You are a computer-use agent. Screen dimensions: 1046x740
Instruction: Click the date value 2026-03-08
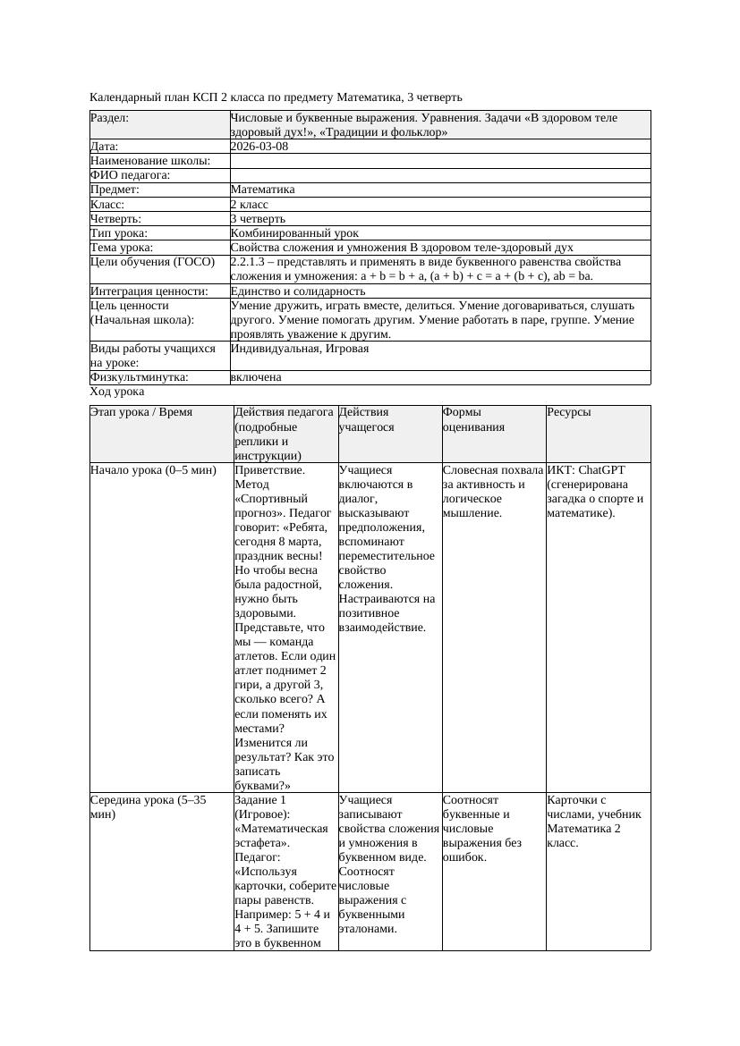259,147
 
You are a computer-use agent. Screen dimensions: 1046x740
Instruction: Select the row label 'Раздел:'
109,118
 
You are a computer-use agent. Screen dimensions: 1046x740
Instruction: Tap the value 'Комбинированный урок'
294,232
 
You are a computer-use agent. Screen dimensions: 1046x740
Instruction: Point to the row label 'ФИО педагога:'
131,175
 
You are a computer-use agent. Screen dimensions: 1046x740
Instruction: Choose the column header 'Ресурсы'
569,412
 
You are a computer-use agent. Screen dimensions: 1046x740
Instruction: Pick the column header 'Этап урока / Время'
141,412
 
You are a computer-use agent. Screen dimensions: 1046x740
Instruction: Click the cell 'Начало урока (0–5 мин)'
153,469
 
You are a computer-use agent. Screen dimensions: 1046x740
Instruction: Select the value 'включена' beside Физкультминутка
256,377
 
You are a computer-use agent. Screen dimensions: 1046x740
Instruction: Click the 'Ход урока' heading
117,392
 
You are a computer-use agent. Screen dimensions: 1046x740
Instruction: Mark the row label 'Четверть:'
115,218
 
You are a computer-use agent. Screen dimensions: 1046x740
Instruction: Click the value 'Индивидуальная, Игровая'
299,349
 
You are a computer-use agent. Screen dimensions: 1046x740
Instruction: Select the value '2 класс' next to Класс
249,204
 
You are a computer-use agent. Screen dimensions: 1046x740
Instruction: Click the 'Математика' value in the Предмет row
262,190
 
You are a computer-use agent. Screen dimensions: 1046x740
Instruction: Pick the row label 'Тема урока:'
122,248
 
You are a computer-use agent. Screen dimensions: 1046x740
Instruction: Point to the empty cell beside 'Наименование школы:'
438,161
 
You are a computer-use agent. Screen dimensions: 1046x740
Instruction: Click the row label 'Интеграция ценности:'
149,291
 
